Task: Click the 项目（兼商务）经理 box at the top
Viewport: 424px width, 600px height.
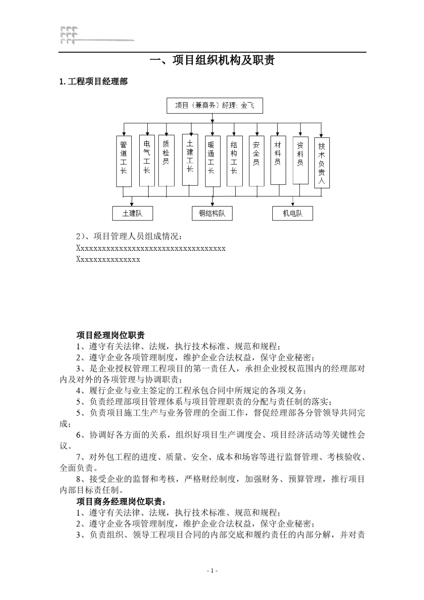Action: pyautogui.click(x=214, y=106)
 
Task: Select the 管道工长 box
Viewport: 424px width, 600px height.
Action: pyautogui.click(x=124, y=161)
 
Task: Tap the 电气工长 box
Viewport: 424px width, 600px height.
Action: pyautogui.click(x=147, y=160)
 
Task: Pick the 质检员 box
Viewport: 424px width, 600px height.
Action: pyautogui.click(x=166, y=160)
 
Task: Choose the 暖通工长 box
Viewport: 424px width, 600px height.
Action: pyautogui.click(x=212, y=161)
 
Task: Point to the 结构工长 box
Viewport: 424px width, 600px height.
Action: pyautogui.click(x=234, y=161)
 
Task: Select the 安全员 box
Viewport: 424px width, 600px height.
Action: pyautogui.click(x=256, y=161)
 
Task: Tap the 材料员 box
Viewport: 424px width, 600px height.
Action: pyautogui.click(x=278, y=160)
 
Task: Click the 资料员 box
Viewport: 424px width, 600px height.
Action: pyautogui.click(x=300, y=160)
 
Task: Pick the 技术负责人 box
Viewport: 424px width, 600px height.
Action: pyautogui.click(x=322, y=162)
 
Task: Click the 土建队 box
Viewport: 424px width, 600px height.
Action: pyautogui.click(x=133, y=213)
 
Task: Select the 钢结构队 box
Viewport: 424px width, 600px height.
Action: pyautogui.click(x=212, y=213)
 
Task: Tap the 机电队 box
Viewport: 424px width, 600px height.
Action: pyautogui.click(x=292, y=213)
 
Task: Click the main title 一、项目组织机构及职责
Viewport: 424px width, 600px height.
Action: pyautogui.click(x=212, y=60)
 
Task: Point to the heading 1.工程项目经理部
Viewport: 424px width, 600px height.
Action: pyautogui.click(x=93, y=82)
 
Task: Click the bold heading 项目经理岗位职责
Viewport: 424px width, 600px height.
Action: pyautogui.click(x=110, y=335)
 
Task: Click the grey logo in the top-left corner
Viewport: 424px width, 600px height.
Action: pyautogui.click(x=70, y=36)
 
